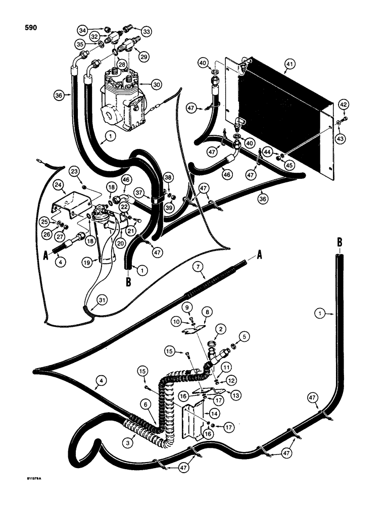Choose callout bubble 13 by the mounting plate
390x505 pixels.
point(235,394)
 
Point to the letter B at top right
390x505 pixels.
point(339,242)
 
